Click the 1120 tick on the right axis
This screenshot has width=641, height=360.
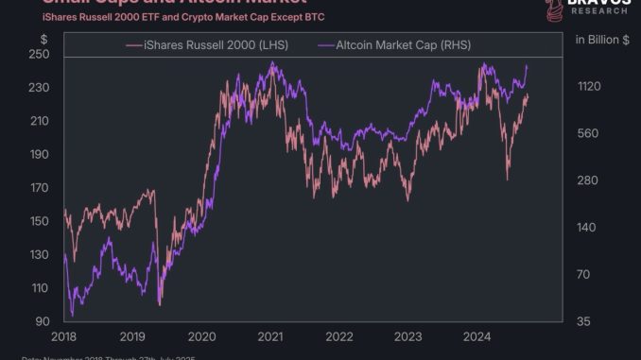(589, 87)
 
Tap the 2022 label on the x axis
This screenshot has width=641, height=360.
(340, 336)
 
